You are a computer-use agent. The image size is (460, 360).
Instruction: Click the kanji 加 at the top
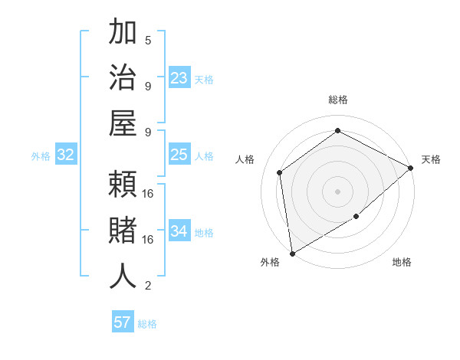[123, 34]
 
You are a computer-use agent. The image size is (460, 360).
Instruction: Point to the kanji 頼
[123, 185]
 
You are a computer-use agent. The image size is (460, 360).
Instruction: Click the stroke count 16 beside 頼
[149, 194]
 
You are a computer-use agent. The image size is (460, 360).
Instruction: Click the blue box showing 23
[179, 78]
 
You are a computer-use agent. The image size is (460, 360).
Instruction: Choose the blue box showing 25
[179, 155]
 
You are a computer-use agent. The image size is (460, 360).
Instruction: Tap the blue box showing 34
[179, 232]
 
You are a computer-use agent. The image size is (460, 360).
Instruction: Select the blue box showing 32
[66, 155]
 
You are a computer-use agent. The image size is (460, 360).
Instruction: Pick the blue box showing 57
[123, 322]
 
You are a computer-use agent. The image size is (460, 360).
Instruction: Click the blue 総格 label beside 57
[147, 324]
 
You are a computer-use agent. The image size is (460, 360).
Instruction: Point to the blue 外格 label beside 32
[41, 156]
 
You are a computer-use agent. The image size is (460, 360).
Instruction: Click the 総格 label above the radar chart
[338, 100]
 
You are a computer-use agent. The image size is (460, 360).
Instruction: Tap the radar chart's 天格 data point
[411, 168]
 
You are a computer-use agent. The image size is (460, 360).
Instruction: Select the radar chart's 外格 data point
[292, 253]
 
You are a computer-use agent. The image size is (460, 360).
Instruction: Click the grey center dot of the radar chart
[337, 191]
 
